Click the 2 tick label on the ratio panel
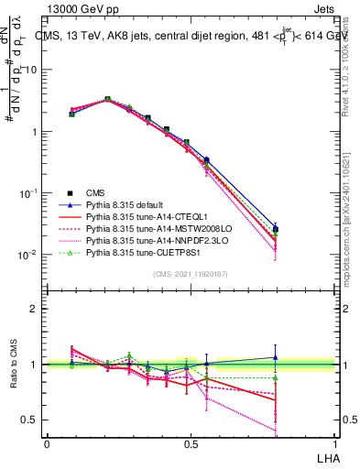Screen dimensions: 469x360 [36, 309]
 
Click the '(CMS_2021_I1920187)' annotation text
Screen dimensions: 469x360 [189, 274]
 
